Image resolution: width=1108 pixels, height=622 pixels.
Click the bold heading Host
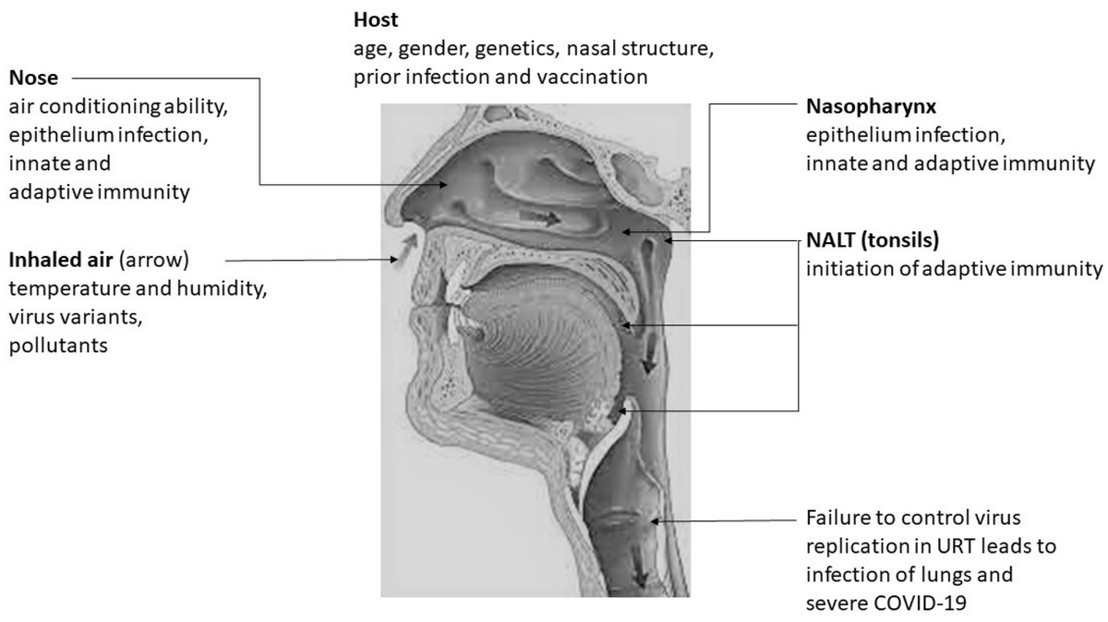pos(373,18)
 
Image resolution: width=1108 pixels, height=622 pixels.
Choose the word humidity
pos(227,287)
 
